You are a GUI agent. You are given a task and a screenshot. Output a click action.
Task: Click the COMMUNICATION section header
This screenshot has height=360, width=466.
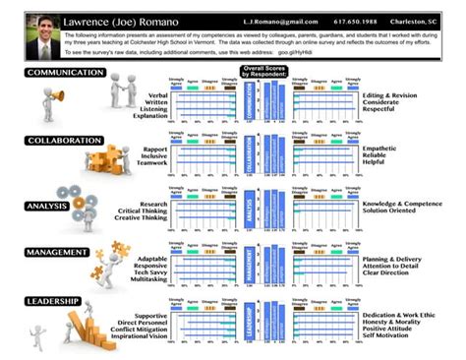pos(65,74)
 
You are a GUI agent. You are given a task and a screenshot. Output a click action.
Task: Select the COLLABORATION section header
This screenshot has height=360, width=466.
pos(65,140)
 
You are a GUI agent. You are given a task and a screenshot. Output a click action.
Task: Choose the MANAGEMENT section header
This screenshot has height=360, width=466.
pos(58,252)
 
